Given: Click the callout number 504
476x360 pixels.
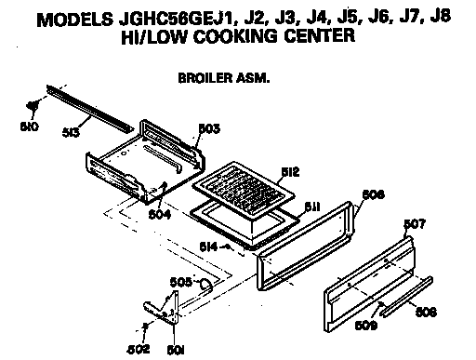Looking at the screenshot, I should click(x=162, y=210).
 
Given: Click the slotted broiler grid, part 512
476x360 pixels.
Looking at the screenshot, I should click(x=245, y=187).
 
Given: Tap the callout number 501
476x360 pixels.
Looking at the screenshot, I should click(x=173, y=349).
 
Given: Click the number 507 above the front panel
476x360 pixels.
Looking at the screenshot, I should click(x=416, y=224).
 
